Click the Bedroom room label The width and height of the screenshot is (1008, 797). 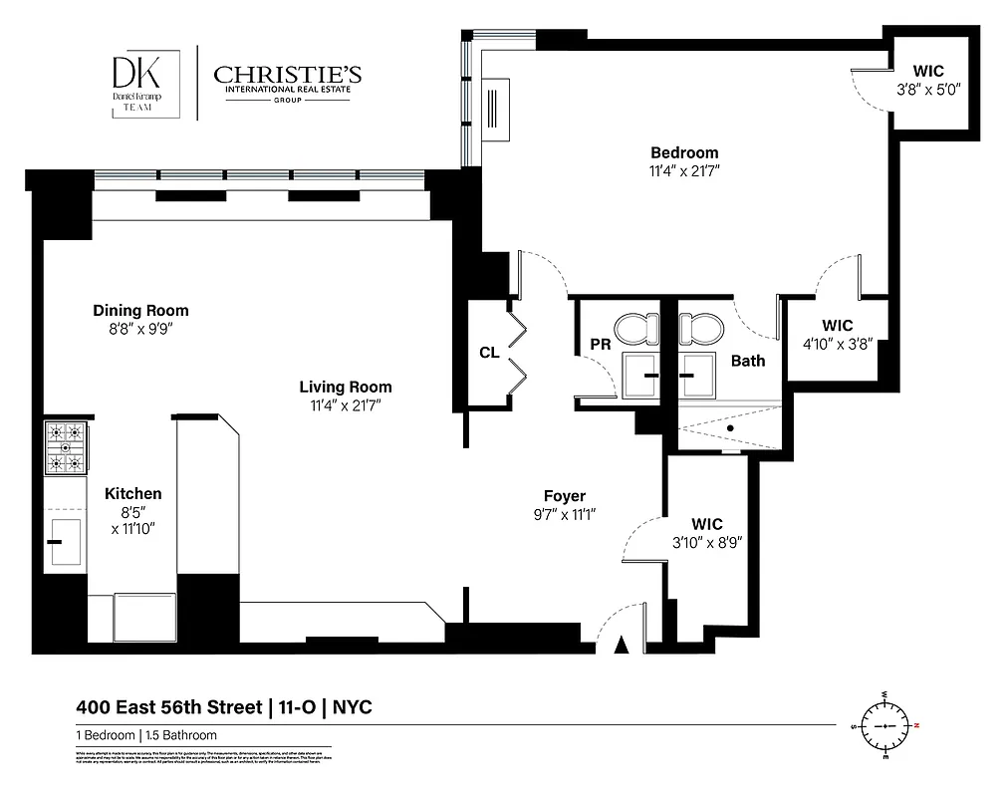coord(684,152)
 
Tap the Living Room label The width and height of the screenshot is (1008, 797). coord(346,387)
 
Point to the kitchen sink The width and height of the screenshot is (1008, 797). coord(65,541)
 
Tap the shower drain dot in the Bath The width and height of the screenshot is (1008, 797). coord(730,427)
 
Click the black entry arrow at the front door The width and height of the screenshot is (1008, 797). coord(623,646)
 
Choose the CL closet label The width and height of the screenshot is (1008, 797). coord(489,353)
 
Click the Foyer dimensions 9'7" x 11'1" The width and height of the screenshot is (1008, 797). coord(564,514)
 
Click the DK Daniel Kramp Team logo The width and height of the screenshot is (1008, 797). coord(144,84)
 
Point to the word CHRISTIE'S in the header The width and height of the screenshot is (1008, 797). coord(288,75)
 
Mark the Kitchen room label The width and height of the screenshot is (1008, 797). coord(133,493)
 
